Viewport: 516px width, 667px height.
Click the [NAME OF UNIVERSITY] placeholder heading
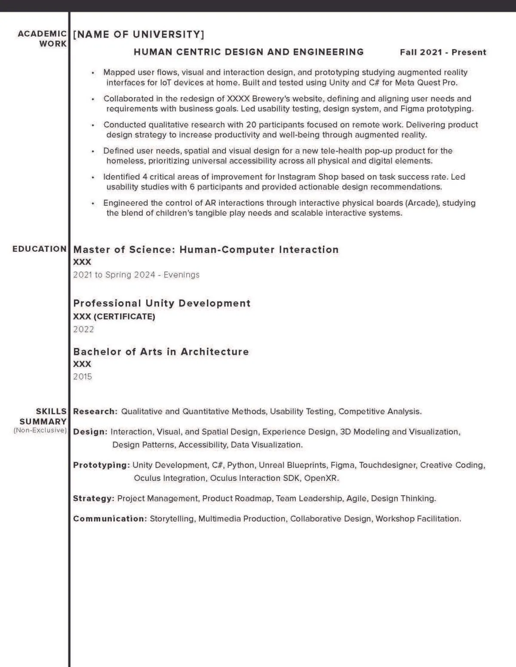(x=138, y=34)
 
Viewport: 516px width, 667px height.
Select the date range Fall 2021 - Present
(x=443, y=52)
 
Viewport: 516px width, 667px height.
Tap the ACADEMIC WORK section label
(x=42, y=39)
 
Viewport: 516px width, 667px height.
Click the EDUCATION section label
(x=40, y=249)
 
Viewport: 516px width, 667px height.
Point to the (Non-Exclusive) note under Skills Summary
(x=40, y=430)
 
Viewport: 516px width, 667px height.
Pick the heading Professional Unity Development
(x=162, y=303)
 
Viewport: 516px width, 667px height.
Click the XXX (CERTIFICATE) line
(x=114, y=317)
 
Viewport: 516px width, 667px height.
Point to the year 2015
(x=83, y=377)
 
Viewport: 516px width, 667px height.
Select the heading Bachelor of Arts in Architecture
(x=161, y=352)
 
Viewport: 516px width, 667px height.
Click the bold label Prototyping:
(x=101, y=465)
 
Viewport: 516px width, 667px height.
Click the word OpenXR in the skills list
(x=321, y=478)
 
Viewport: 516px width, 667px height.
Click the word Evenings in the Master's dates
(x=181, y=275)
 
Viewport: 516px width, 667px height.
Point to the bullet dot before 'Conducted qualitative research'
(x=93, y=125)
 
